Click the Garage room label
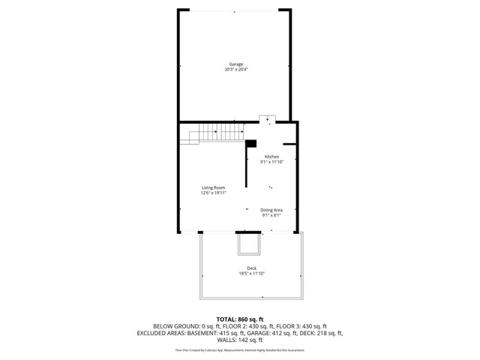coord(236,64)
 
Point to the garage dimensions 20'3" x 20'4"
coord(236,70)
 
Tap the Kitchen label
coord(271,157)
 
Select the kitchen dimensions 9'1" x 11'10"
coord(271,162)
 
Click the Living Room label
coord(213,187)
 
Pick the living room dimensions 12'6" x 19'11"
coord(213,193)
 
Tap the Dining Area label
coord(271,210)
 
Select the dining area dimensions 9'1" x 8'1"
coord(271,215)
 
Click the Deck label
coord(251,268)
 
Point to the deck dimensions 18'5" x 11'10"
coord(251,273)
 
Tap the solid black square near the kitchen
coord(251,144)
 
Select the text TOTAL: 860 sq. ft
coord(240,319)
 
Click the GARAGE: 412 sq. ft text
coord(280,332)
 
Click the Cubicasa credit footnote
coord(240,349)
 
